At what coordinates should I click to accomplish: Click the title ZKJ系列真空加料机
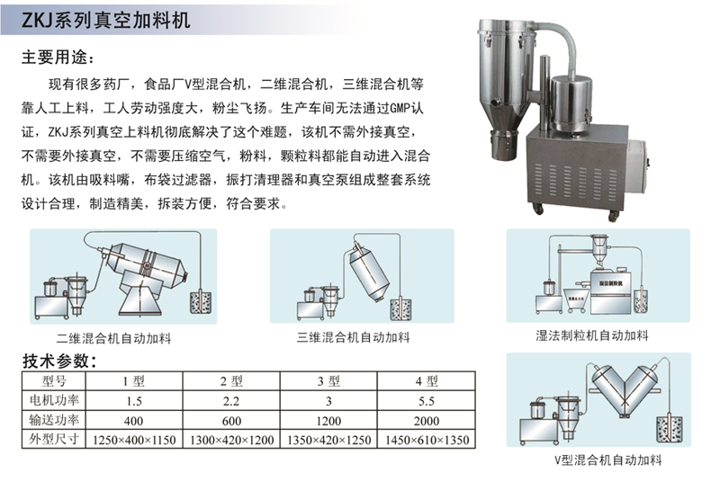click(105, 21)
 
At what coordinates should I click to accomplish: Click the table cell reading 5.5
click(427, 401)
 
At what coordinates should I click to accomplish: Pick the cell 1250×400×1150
click(134, 440)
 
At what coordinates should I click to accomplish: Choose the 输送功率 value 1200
click(328, 421)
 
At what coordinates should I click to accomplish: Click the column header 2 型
click(231, 381)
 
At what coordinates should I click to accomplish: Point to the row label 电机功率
click(54, 400)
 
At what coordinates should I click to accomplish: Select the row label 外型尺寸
click(54, 440)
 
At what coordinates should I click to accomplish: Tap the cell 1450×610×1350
click(427, 440)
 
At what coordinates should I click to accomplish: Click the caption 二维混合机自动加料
click(113, 338)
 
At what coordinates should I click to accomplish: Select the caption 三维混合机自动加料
click(353, 337)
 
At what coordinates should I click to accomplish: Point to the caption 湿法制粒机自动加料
click(592, 335)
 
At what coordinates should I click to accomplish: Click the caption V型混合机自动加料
click(608, 460)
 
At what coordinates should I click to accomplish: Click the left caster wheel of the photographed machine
click(538, 209)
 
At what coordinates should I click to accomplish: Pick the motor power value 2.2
click(230, 401)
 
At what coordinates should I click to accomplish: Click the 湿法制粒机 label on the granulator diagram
click(610, 283)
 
